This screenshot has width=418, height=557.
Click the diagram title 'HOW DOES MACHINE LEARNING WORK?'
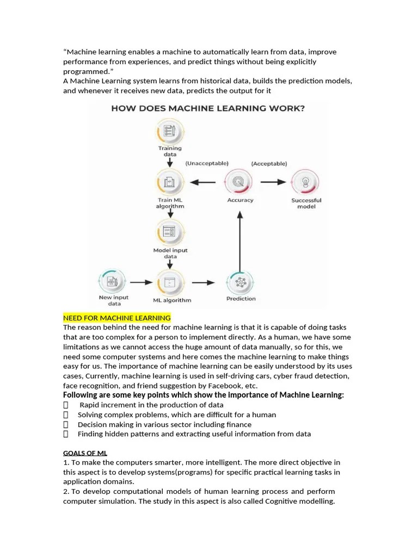208,108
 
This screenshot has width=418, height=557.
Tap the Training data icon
170,132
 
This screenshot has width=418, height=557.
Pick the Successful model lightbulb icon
306,182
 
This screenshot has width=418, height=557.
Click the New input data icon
113,282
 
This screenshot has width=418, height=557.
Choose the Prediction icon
240,282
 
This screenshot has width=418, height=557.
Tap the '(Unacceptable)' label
206,163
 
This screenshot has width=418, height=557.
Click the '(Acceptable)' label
269,163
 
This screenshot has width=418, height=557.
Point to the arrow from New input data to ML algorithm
141,282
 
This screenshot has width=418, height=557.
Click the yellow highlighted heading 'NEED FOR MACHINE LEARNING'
117,318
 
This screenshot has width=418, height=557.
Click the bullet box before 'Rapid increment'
66,405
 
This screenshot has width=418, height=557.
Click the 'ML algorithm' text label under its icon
171,300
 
